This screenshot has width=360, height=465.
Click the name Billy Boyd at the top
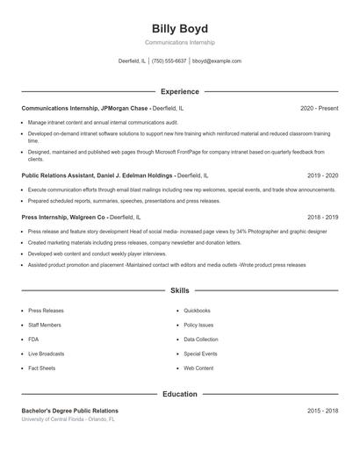tap(179, 28)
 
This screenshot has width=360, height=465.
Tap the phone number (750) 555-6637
tap(169, 61)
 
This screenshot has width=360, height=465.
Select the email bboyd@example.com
tap(217, 61)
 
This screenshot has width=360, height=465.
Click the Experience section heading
tap(179, 91)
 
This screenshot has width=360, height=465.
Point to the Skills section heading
tap(179, 290)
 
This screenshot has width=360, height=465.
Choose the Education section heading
tap(179, 394)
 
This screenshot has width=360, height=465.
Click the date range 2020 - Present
tap(319, 108)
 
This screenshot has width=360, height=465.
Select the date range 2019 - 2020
tap(322, 175)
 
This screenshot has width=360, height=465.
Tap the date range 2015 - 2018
tap(322, 411)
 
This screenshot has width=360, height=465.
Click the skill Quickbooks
tap(197, 310)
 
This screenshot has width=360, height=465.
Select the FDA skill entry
tap(33, 339)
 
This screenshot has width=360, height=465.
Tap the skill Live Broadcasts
tap(47, 354)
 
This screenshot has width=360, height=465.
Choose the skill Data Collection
tap(201, 339)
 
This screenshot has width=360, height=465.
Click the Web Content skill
tap(198, 368)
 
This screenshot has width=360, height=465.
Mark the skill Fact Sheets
tap(41, 368)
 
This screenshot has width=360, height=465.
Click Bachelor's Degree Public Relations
tap(69, 411)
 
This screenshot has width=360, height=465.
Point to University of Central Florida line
tap(68, 419)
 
